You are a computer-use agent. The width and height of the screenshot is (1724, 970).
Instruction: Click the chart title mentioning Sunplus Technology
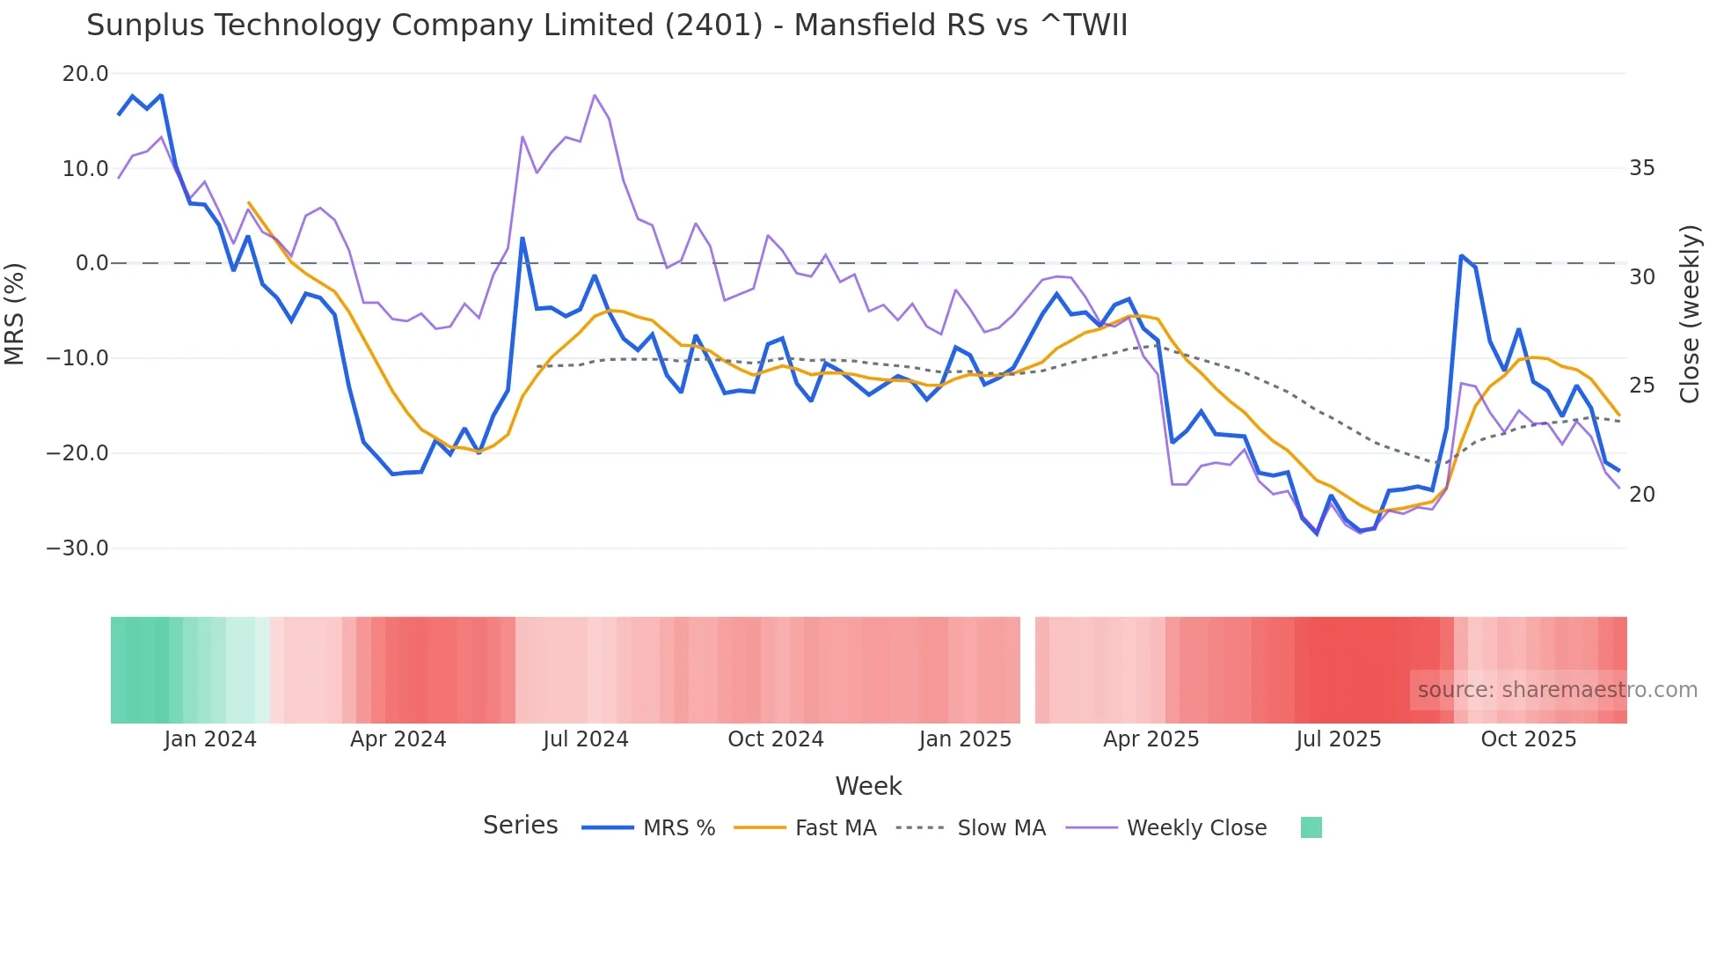pos(607,26)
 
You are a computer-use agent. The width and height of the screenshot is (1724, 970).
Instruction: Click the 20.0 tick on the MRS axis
pos(85,74)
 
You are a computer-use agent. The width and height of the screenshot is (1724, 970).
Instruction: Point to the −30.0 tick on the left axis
pos(77,548)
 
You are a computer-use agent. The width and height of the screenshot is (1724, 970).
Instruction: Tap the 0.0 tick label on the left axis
pos(92,263)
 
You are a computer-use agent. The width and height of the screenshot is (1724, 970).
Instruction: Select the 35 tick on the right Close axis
pos(1641,168)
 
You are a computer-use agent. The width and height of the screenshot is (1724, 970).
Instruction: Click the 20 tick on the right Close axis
pos(1641,495)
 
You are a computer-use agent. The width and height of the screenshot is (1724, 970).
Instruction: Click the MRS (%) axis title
pos(15,314)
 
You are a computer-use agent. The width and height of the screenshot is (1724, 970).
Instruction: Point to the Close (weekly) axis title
pos(1689,314)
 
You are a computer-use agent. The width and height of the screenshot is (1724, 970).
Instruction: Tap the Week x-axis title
pos(868,786)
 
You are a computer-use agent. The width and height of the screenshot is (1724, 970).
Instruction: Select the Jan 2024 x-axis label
pos(210,739)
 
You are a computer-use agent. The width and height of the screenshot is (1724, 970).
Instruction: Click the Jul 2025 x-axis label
pos(1338,739)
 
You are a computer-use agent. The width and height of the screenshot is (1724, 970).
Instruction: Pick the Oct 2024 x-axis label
pos(775,739)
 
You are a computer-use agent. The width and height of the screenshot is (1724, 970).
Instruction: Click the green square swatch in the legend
pos(1311,827)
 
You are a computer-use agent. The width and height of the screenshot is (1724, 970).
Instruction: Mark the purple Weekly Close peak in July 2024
pos(595,95)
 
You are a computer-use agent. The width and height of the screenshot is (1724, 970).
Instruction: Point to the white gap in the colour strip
pos(1027,670)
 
